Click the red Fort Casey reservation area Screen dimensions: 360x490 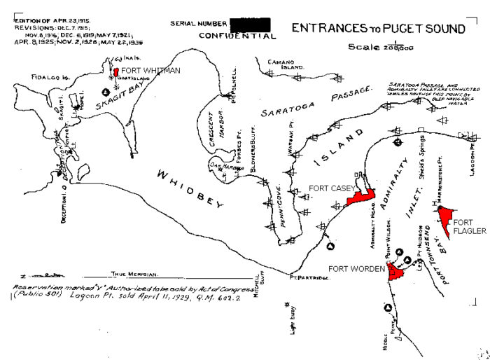click(360, 198)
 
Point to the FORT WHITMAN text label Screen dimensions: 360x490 click(150, 71)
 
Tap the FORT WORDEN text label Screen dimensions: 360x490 click(357, 268)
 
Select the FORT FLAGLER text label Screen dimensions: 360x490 click(469, 226)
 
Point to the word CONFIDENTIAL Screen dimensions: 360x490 click(237, 36)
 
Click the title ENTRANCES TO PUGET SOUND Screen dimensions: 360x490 click(378, 29)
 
